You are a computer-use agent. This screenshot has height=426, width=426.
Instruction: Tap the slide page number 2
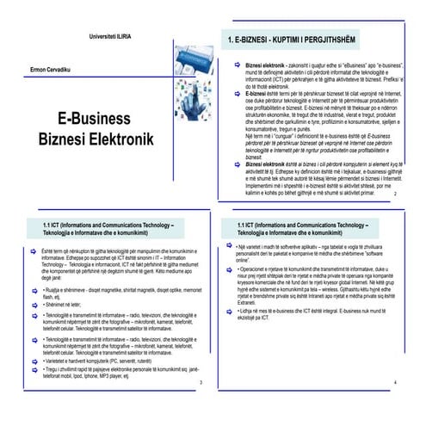394,195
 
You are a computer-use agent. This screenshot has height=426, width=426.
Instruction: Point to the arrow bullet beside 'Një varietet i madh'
231,249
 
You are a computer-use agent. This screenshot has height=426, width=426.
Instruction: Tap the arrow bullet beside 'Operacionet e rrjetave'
231,269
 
